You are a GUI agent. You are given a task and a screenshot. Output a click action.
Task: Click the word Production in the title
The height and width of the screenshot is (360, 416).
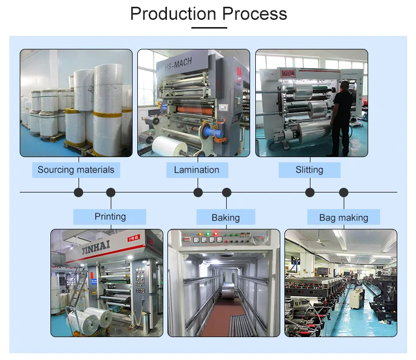pos(173,14)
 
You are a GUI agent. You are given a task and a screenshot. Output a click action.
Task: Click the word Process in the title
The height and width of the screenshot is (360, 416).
pos(254,14)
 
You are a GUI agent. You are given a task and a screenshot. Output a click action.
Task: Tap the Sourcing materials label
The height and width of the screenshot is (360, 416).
pos(76,170)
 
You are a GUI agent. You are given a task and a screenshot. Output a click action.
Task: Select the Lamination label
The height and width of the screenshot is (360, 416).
pos(197,170)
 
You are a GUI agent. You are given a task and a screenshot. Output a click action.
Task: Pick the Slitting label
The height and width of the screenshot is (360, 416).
pos(309,170)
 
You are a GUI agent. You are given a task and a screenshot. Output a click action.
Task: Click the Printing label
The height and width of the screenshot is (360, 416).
pos(110,216)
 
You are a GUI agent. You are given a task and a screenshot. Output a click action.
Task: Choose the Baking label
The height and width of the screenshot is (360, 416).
pos(226,217)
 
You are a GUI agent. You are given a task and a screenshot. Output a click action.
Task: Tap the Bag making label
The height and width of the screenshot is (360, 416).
pos(343,217)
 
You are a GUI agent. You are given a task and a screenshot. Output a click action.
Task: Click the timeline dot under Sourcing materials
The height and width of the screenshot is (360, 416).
pos(79,192)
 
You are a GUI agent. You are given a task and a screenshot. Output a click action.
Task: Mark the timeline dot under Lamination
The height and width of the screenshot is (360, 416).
pos(198,192)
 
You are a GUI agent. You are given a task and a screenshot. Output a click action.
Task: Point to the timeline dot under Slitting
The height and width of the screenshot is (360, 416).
pos(310,192)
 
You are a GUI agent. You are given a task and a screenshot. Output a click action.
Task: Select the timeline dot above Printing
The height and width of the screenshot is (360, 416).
pos(111,192)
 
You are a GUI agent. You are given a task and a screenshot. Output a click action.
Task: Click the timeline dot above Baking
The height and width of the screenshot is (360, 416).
pos(227,192)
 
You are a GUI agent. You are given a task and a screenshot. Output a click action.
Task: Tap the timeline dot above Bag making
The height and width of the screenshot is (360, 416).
pos(344,192)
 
